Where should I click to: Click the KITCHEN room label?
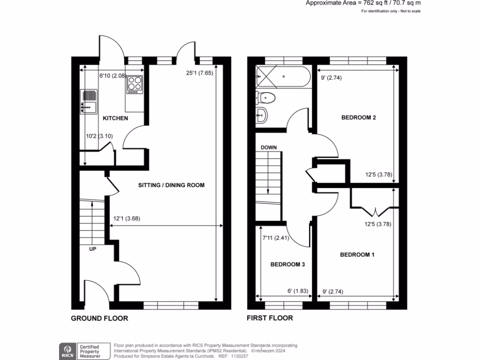click(115, 119)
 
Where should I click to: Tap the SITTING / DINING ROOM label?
click(171, 185)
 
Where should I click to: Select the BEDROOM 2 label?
click(359, 118)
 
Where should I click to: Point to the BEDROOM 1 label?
click(357, 255)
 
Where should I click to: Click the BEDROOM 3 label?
click(288, 264)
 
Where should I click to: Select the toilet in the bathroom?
click(265, 97)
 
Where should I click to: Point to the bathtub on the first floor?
click(283, 77)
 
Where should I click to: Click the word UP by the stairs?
click(93, 249)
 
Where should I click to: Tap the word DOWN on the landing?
click(269, 147)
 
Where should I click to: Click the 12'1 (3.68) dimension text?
click(127, 218)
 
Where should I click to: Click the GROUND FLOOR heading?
click(99, 318)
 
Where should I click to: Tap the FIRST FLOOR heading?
click(270, 318)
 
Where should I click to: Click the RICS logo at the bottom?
click(66, 349)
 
